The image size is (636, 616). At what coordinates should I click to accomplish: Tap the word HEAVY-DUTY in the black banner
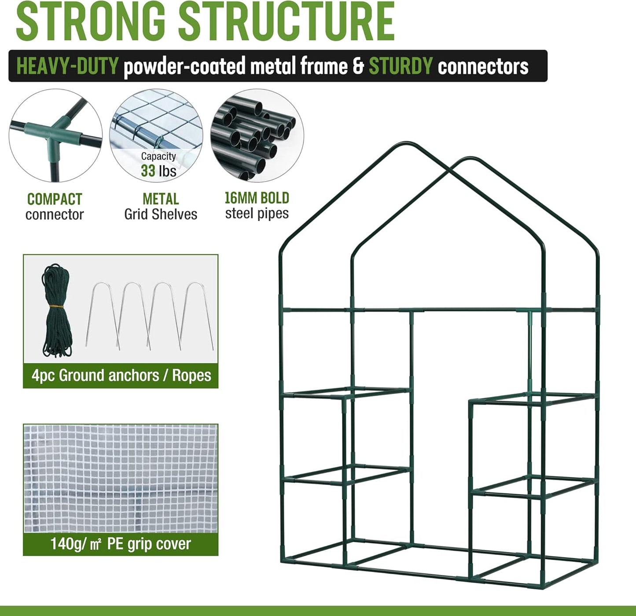pyautogui.click(x=67, y=66)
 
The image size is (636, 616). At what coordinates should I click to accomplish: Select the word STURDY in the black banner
pyautogui.click(x=401, y=66)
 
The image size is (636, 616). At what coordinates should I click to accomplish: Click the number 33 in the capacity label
pyautogui.click(x=149, y=171)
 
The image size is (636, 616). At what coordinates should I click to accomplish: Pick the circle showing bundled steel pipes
pyautogui.click(x=257, y=135)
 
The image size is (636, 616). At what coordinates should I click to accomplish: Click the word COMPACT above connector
pyautogui.click(x=55, y=199)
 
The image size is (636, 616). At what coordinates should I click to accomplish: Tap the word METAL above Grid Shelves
pyautogui.click(x=161, y=199)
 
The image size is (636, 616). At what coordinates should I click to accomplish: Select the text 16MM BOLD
pyautogui.click(x=257, y=198)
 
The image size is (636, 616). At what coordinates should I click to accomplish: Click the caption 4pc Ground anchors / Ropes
pyautogui.click(x=121, y=375)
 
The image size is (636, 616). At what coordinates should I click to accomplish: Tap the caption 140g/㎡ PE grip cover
pyautogui.click(x=121, y=544)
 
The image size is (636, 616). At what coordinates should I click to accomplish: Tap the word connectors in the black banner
pyautogui.click(x=483, y=66)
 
